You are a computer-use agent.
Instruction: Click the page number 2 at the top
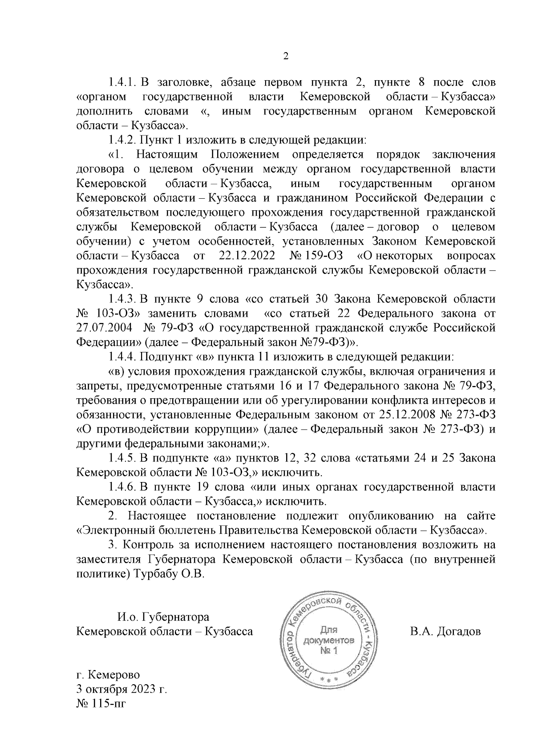click(x=286, y=57)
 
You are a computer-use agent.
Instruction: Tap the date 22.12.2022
click(x=245, y=256)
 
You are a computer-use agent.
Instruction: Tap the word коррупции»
click(x=228, y=430)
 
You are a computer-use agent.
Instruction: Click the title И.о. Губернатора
click(x=163, y=617)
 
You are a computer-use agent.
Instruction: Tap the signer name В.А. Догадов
click(x=445, y=632)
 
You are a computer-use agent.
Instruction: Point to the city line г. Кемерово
click(x=108, y=675)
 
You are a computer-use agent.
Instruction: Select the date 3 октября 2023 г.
click(x=121, y=690)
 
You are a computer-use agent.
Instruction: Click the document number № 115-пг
click(x=98, y=704)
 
